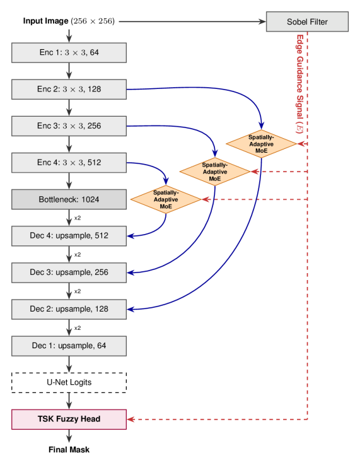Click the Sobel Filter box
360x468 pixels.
[x=307, y=22]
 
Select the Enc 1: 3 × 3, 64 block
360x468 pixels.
[x=69, y=52]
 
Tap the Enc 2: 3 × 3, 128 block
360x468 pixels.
[x=69, y=89]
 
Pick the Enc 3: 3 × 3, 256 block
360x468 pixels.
[x=69, y=126]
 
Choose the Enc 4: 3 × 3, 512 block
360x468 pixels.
[x=69, y=162]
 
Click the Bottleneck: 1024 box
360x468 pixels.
[x=69, y=199]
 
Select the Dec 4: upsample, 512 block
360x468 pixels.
[x=69, y=236]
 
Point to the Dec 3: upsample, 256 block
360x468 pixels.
[x=69, y=272]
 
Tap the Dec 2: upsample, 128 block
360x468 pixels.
[x=69, y=309]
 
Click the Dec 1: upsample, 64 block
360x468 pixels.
[x=69, y=346]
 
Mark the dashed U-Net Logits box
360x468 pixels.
[x=69, y=382]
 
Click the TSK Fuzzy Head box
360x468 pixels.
[x=69, y=419]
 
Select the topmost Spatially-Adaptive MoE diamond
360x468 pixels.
[x=261, y=144]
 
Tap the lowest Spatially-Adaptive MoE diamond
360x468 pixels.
[x=166, y=199]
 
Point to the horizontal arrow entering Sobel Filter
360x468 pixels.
[x=189, y=22]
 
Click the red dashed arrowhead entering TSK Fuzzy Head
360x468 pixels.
[x=131, y=419]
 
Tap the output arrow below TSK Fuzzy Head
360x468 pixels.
[x=69, y=436]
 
